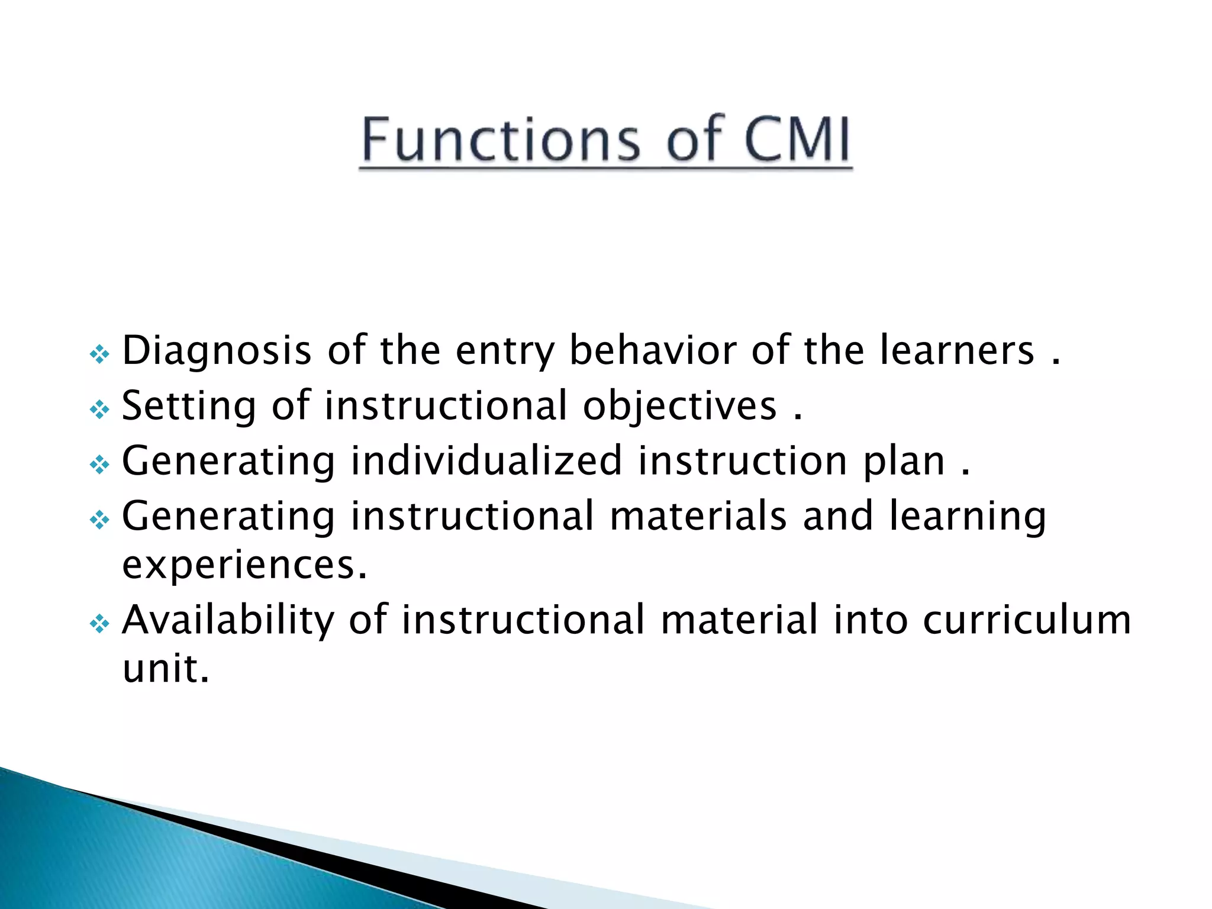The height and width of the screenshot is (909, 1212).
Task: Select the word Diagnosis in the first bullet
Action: pos(217,351)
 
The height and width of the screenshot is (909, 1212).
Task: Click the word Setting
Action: pos(189,407)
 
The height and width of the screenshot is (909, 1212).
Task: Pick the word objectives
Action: pos(679,407)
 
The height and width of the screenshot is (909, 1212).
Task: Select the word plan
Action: pos(904,462)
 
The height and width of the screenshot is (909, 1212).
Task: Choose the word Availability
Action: pos(228,620)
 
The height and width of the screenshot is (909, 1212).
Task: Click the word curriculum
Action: pos(1027,620)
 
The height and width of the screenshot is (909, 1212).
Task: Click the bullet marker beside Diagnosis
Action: pos(99,354)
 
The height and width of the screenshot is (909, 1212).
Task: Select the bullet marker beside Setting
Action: pos(99,410)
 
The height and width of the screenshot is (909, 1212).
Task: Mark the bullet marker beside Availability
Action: pos(99,623)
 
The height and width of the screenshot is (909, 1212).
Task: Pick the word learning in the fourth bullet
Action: pos(968,517)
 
